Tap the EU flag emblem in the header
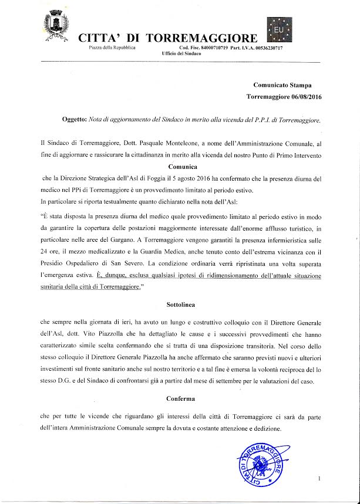pyautogui.click(x=280, y=28)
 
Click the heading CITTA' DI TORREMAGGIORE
pyautogui.click(x=167, y=38)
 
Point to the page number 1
pyautogui.click(x=319, y=479)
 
